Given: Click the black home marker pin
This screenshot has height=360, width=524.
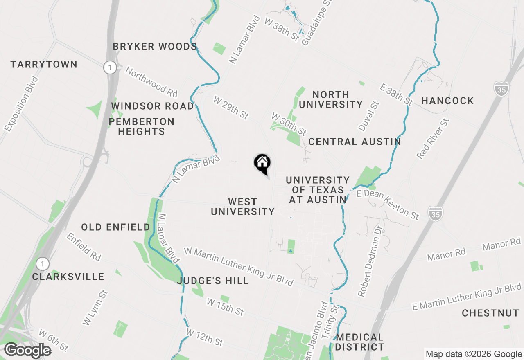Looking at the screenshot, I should [262, 164].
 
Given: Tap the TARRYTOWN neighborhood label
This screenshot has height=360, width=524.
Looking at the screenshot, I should [44, 65].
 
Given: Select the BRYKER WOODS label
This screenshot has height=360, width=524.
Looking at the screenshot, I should [155, 47].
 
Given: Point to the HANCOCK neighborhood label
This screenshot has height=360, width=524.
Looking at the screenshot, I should [447, 101].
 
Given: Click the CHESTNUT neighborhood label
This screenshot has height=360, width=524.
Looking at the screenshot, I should [490, 313].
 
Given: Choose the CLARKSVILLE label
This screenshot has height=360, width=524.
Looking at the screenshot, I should [68, 277].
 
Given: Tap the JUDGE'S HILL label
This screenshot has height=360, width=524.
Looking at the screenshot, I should [213, 281].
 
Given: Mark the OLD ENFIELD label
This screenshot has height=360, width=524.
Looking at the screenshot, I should [116, 227].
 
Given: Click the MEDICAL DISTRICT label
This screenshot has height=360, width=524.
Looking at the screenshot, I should [360, 342].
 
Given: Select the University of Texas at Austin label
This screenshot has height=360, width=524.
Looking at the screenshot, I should [318, 190].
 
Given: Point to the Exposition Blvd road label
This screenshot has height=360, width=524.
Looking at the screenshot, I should [21, 104].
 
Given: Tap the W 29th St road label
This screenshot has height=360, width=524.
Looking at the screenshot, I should [231, 108].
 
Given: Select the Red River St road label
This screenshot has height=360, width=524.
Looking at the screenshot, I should [433, 139].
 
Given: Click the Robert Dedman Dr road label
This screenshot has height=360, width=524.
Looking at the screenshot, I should [370, 261].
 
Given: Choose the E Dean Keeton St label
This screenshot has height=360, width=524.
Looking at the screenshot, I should [388, 203].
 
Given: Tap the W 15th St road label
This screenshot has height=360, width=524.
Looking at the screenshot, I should [225, 307].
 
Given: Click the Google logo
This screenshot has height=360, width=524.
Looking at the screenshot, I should [27, 351].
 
